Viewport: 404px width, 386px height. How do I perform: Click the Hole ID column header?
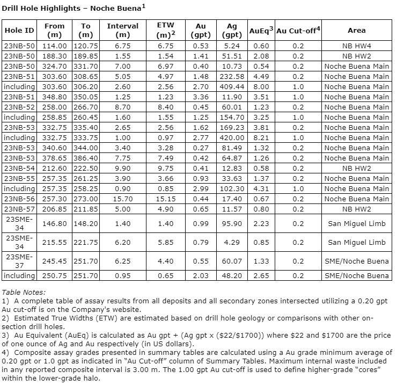point(19,31)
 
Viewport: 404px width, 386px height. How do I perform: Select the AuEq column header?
point(261,31)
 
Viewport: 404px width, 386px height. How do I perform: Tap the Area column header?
point(356,31)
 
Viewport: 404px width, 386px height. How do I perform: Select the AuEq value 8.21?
point(261,137)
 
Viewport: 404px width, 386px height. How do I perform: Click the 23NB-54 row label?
point(19,168)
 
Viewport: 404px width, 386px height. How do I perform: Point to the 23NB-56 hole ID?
point(19,199)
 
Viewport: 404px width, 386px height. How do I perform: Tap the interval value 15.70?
point(122,199)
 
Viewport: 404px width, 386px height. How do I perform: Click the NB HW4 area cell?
point(356,46)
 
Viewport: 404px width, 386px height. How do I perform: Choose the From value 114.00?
point(54,46)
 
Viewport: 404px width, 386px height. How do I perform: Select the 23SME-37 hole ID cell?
point(19,260)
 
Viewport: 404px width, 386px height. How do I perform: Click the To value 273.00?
point(86,199)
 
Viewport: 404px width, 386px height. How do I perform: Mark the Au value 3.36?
point(200,97)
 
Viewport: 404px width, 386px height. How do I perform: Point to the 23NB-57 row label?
point(19,209)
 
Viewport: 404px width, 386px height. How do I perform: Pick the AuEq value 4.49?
point(261,76)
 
